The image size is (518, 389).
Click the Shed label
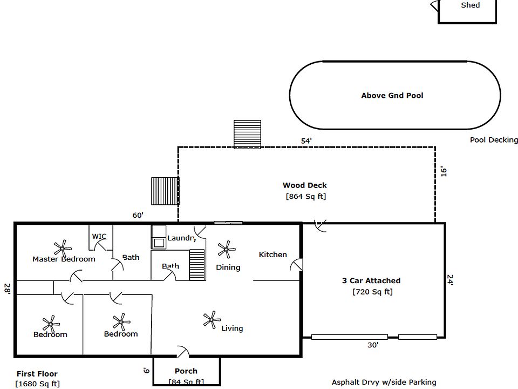(470, 5)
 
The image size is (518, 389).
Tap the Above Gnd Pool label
(392, 96)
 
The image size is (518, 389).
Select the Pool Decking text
(493, 140)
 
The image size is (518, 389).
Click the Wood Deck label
(304, 185)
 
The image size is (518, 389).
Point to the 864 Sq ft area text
(306, 197)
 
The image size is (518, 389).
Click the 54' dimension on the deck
(306, 141)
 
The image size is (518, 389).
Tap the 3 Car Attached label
(371, 281)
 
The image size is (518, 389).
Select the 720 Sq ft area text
(372, 292)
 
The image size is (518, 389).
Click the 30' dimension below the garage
(373, 345)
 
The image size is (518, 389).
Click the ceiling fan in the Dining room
(226, 250)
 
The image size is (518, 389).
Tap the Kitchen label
(273, 254)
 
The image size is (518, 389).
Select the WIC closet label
(99, 237)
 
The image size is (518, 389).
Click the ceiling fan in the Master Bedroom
(63, 248)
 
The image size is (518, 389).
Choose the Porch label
(186, 371)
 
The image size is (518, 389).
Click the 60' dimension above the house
(138, 216)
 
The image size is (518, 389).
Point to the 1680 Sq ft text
(38, 384)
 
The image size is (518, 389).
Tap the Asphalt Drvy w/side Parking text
(384, 383)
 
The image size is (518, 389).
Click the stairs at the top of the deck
(247, 133)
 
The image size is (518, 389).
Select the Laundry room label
(181, 238)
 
